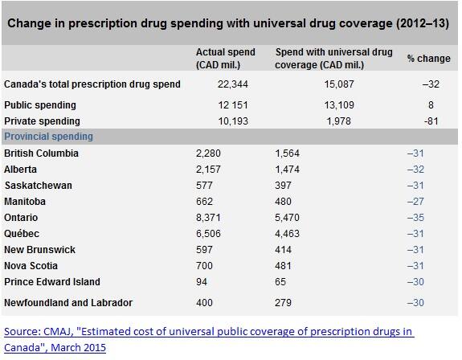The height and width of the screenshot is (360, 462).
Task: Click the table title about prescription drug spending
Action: (x=228, y=23)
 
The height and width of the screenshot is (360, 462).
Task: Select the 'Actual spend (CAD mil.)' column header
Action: (x=226, y=59)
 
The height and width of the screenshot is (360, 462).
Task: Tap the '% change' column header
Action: (x=429, y=59)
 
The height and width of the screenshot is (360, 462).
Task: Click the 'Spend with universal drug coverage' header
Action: (x=333, y=59)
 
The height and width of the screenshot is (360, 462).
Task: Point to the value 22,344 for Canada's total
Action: (x=233, y=84)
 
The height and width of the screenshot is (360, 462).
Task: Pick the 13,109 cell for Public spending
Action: (x=339, y=105)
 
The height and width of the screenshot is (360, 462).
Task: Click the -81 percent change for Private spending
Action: (x=431, y=121)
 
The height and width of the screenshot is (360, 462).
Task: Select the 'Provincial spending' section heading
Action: (x=49, y=137)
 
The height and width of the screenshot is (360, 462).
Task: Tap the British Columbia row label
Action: (x=41, y=153)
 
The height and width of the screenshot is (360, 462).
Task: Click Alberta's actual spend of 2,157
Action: (x=208, y=170)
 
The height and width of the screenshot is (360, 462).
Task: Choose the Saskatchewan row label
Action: (x=39, y=186)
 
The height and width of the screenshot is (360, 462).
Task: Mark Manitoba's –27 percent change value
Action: (x=415, y=202)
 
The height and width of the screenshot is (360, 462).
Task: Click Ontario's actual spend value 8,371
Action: (x=208, y=218)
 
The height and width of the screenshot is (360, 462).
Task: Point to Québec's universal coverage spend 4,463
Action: (x=288, y=234)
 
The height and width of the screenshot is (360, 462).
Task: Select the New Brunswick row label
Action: (x=40, y=250)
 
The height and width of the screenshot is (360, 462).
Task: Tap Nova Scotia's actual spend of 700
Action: (x=204, y=266)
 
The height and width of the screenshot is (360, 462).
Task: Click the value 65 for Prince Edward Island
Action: (x=280, y=281)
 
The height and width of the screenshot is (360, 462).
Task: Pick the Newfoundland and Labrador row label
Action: (x=68, y=303)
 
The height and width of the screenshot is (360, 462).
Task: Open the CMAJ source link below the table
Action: (x=209, y=339)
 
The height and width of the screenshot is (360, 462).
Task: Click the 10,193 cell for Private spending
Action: (x=233, y=121)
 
